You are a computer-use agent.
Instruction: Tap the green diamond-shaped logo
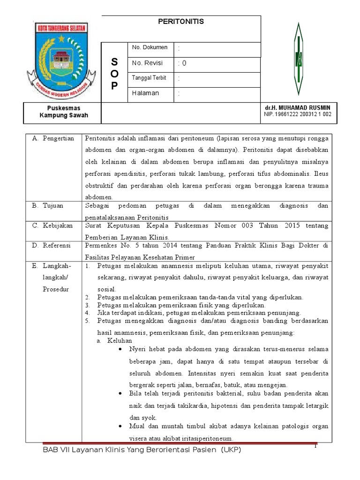coord(298,59)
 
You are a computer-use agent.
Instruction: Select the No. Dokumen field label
coord(150,48)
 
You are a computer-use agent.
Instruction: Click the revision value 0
coord(184,63)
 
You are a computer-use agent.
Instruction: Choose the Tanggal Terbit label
coord(149,78)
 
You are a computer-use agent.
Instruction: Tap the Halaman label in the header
coord(145,93)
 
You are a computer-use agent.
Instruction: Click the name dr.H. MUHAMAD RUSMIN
coord(298,108)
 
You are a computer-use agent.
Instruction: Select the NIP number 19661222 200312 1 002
coord(298,114)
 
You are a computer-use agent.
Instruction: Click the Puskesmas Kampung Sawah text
coord(63,112)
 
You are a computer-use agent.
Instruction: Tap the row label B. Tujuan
coord(47,206)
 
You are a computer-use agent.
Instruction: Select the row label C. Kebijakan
coord(52,226)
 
